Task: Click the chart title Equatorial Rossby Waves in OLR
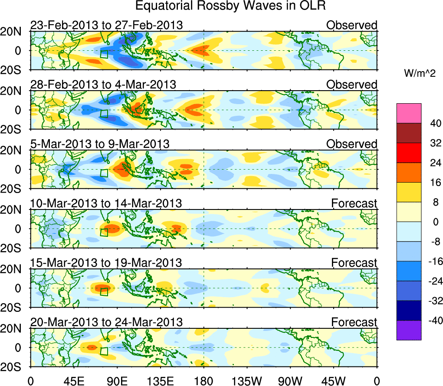coord(230,6)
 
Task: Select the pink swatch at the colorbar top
coord(408,113)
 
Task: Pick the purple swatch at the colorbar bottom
coord(408,330)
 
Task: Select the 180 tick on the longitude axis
coord(203,380)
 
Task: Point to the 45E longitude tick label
coord(74,380)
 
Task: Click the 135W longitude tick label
coord(247,380)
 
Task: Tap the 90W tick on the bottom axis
coord(290,380)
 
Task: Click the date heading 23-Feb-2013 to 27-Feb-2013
coord(106,25)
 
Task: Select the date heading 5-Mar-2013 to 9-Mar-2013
coord(100,144)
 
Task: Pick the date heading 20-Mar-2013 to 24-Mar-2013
coord(106,322)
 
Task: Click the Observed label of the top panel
coord(352,25)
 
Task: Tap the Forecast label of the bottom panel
coord(354,322)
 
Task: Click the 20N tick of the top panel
coord(15,32)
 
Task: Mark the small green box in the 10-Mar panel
coord(104,232)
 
